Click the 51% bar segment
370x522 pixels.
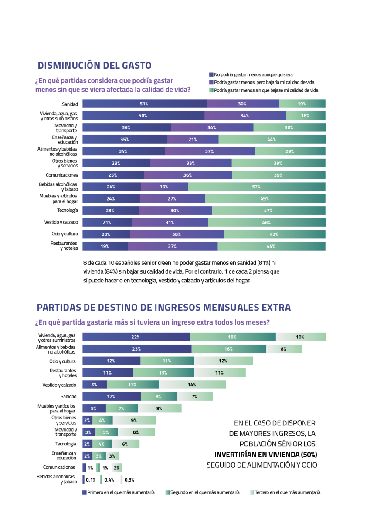[144, 104]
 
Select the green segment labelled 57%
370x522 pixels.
[257, 187]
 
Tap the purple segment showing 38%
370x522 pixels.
[177, 234]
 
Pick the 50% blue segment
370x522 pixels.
[143, 116]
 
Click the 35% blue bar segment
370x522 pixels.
[125, 139]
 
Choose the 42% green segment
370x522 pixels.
[274, 234]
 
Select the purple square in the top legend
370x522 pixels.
[211, 82]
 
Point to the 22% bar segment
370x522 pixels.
[136, 337]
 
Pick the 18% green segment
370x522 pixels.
[232, 337]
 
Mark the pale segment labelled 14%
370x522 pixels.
[192, 385]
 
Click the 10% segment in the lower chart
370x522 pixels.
[300, 337]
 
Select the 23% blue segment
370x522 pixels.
[136, 349]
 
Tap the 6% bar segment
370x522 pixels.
[126, 444]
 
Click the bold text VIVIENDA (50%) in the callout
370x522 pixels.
[289, 455]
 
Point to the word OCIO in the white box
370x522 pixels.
[309, 465]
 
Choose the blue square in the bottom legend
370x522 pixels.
[85, 492]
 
